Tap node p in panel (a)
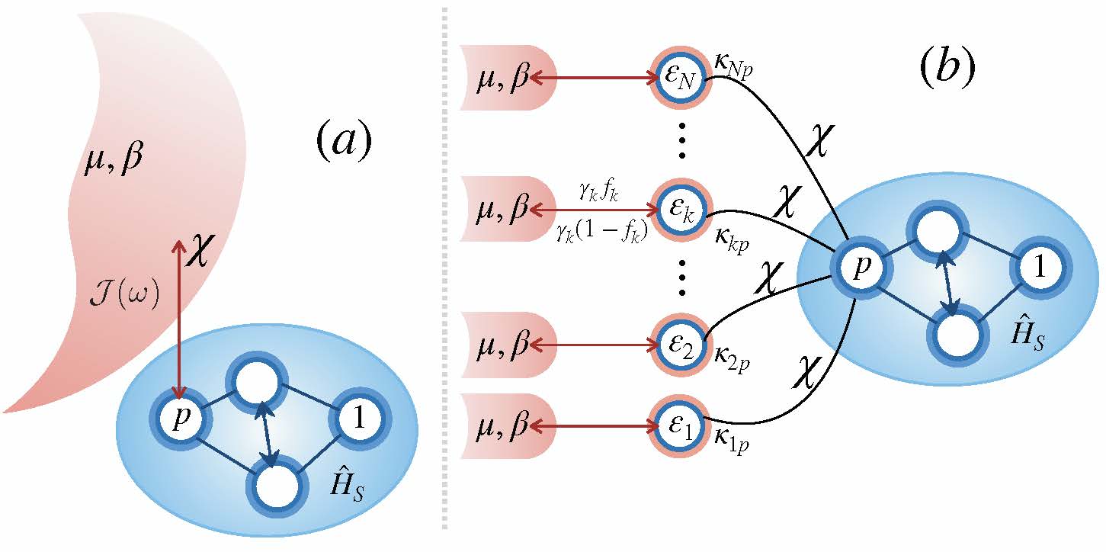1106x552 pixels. pyautogui.click(x=178, y=419)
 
